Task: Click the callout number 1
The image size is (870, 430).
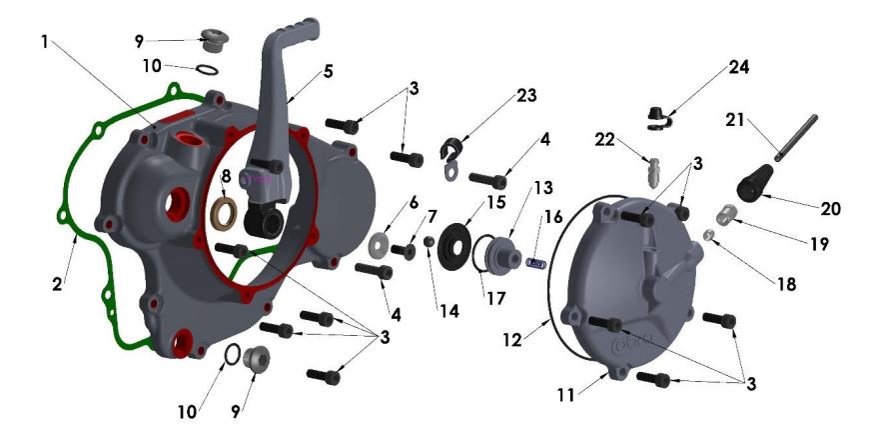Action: pyautogui.click(x=44, y=42)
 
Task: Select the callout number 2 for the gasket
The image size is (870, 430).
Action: pyautogui.click(x=58, y=284)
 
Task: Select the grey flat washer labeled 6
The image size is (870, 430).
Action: pyautogui.click(x=380, y=244)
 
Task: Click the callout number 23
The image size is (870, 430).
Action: pyautogui.click(x=526, y=95)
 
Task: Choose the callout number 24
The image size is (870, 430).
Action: pyautogui.click(x=738, y=67)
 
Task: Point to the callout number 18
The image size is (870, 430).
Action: pyautogui.click(x=787, y=284)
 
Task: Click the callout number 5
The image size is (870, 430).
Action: pyautogui.click(x=328, y=73)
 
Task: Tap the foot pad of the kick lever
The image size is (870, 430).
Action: pyautogui.click(x=295, y=28)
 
